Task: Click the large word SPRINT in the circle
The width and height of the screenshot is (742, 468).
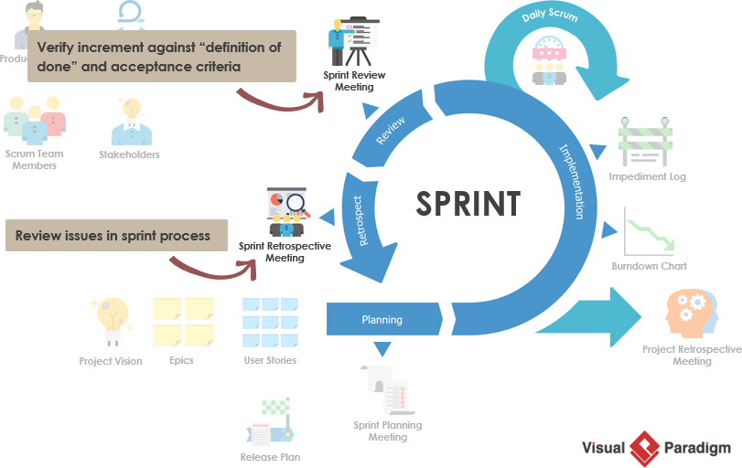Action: tap(468, 203)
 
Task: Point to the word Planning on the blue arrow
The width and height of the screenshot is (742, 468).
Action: tap(382, 320)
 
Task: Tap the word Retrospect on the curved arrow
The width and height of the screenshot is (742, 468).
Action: tap(359, 219)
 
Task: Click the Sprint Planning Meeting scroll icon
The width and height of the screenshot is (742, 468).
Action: tap(385, 388)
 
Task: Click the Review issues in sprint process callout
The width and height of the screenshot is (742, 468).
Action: tap(113, 236)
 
